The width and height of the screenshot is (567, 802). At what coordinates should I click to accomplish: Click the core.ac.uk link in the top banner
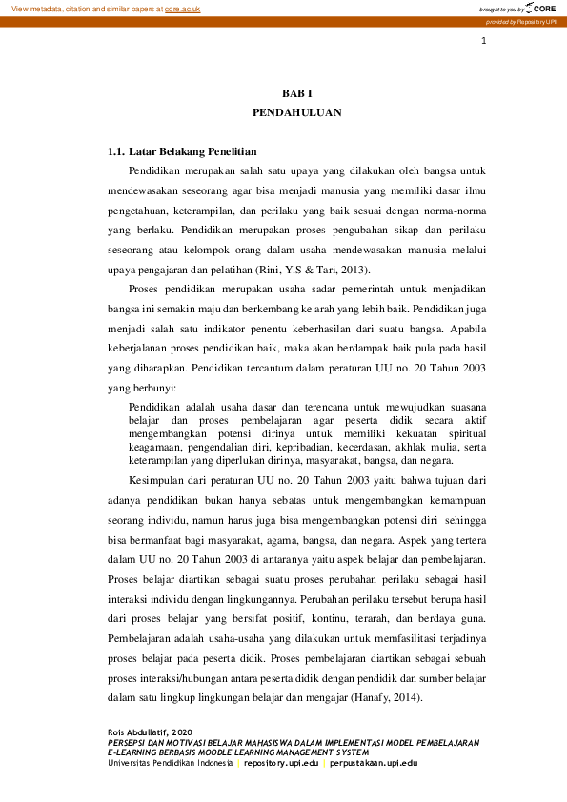pyautogui.click(x=183, y=8)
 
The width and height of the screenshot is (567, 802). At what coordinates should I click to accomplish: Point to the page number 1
pyautogui.click(x=484, y=41)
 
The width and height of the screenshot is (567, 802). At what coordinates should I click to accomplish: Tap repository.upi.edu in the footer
pyautogui.click(x=281, y=762)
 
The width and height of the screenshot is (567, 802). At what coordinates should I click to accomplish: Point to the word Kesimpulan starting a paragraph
pyautogui.click(x=156, y=480)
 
